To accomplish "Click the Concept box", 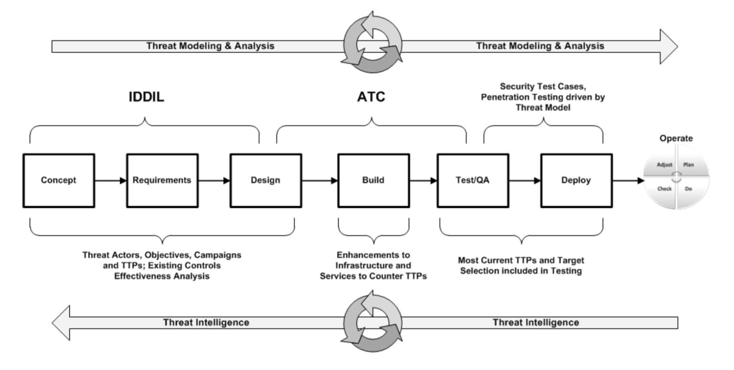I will (59, 180).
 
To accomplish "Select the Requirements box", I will (162, 180).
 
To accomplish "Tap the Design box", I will (266, 180).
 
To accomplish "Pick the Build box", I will (374, 180).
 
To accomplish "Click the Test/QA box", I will (473, 180).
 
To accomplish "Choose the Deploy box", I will (576, 180).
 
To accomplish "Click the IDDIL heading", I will (146, 97).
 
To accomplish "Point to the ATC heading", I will (371, 97).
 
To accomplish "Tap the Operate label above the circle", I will (676, 138).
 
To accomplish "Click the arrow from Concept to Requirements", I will (111, 180).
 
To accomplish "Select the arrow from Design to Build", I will (320, 180).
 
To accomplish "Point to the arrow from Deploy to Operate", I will (628, 180).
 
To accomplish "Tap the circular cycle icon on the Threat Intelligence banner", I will (372, 322).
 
